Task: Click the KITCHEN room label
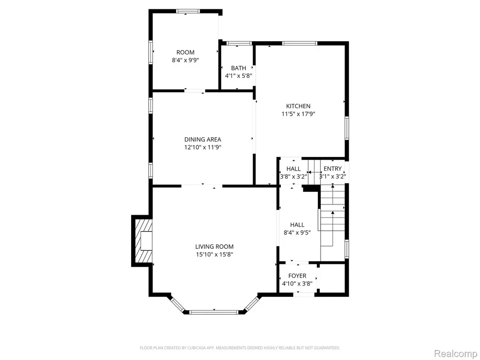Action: pyautogui.click(x=298, y=106)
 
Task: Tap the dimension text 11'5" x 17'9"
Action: pyautogui.click(x=298, y=114)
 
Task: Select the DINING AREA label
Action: pyautogui.click(x=202, y=140)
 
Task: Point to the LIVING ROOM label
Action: pyautogui.click(x=214, y=247)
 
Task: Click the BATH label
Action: pyautogui.click(x=239, y=68)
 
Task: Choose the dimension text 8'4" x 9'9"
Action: pyautogui.click(x=185, y=60)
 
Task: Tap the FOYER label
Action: pyautogui.click(x=297, y=276)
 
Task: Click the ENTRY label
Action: pyautogui.click(x=332, y=169)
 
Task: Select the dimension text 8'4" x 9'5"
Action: pyautogui.click(x=297, y=232)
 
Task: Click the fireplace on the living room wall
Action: pyautogui.click(x=142, y=240)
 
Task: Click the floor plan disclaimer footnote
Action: pyautogui.click(x=240, y=348)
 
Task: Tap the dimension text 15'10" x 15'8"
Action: pyautogui.click(x=214, y=255)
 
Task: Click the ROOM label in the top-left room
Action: pyautogui.click(x=185, y=52)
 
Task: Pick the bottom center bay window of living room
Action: pyautogui.click(x=214, y=312)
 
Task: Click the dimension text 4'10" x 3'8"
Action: pyautogui.click(x=297, y=284)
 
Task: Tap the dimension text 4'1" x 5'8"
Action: pyautogui.click(x=239, y=76)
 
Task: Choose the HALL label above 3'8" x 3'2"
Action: pyautogui.click(x=293, y=169)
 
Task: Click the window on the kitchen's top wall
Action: pyautogui.click(x=300, y=43)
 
